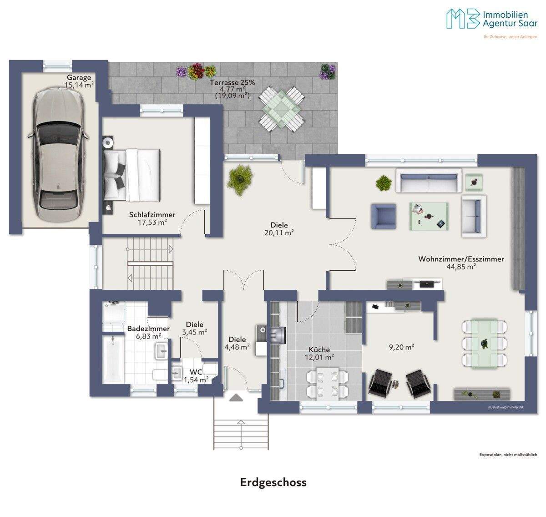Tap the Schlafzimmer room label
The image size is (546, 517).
point(152,214)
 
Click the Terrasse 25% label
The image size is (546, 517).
point(232,82)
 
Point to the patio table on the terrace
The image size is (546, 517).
point(282,109)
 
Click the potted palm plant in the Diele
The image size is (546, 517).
point(240,180)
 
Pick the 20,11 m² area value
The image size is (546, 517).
point(279,233)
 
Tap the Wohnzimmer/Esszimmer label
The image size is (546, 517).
point(461,259)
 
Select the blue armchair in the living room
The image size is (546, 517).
point(384,217)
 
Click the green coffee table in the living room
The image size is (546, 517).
point(429,216)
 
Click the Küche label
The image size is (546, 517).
point(319,350)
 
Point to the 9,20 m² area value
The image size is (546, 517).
point(402,347)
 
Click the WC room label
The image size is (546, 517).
point(196,372)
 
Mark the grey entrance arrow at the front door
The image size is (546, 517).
point(236,398)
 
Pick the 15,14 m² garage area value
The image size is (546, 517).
point(79,85)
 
